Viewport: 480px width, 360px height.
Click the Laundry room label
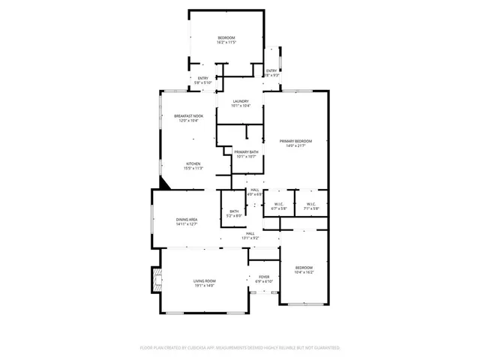241,101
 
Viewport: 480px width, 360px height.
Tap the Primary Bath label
246,152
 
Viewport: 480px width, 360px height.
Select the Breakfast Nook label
190,115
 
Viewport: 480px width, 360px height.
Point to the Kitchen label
193,163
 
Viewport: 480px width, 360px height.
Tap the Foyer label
264,277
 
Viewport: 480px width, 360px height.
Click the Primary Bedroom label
295,141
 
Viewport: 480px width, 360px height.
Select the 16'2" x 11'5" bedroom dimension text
226,43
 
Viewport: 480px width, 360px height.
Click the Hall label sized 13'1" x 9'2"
250,233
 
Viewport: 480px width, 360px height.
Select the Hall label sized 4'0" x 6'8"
255,189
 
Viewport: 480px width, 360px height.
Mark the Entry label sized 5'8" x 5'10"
202,78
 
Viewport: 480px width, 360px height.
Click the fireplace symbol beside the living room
156,279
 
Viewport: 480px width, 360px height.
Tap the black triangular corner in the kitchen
164,182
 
